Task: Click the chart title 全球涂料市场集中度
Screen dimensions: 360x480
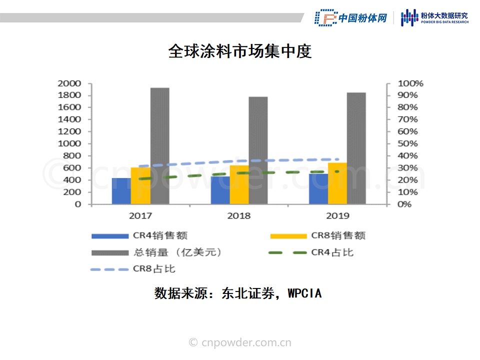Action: pos(240,51)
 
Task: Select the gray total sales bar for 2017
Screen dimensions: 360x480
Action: pos(159,146)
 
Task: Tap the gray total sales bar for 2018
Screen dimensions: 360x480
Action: pos(258,150)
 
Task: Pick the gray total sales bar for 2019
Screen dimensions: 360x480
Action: pos(356,148)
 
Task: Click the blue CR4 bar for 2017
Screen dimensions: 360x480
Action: pos(121,191)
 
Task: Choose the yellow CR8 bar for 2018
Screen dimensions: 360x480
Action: pos(239,184)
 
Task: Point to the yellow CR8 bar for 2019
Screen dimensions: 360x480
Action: pos(337,183)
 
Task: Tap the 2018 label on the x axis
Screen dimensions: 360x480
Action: pos(239,216)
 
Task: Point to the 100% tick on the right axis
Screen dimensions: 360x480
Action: pos(410,83)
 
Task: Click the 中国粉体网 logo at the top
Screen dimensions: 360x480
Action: pos(351,18)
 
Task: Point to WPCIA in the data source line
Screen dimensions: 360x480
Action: pos(304,294)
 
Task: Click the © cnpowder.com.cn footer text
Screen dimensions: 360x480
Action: pos(240,342)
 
